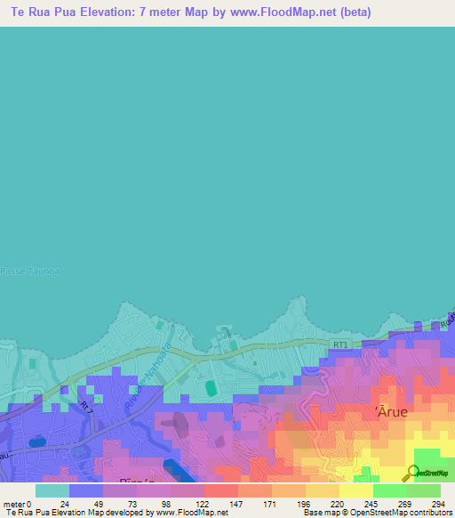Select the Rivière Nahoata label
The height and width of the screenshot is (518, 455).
[x=141, y=356]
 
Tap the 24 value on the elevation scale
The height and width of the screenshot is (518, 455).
[x=64, y=504]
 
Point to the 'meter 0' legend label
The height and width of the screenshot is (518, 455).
[x=18, y=504]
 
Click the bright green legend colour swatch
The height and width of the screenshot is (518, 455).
[x=389, y=490]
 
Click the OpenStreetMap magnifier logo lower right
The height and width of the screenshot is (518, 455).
[x=412, y=473]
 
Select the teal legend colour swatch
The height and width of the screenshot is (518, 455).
[x=52, y=490]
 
